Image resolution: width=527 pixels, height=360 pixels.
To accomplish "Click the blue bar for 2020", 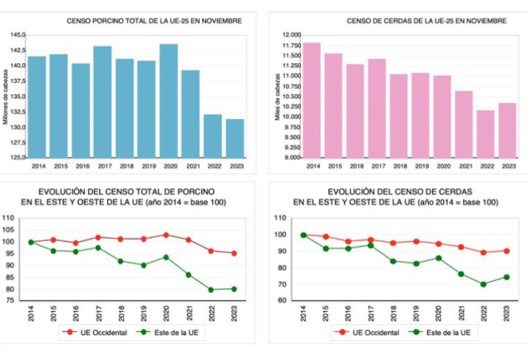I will tap(168, 100).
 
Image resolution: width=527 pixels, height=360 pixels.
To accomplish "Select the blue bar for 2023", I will tap(234, 137).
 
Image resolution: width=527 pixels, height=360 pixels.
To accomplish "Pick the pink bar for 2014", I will tap(312, 100).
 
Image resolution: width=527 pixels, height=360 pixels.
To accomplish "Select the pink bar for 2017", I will tap(377, 108).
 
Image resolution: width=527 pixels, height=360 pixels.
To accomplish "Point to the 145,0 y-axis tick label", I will tap(17, 35).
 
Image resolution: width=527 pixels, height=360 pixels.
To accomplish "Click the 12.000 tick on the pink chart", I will tap(290, 35).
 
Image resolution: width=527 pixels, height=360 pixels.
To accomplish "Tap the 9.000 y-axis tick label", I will tap(292, 157).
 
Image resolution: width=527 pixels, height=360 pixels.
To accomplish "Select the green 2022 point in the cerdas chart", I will tap(483, 284).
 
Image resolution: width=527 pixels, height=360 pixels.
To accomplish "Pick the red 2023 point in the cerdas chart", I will tap(505, 251).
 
